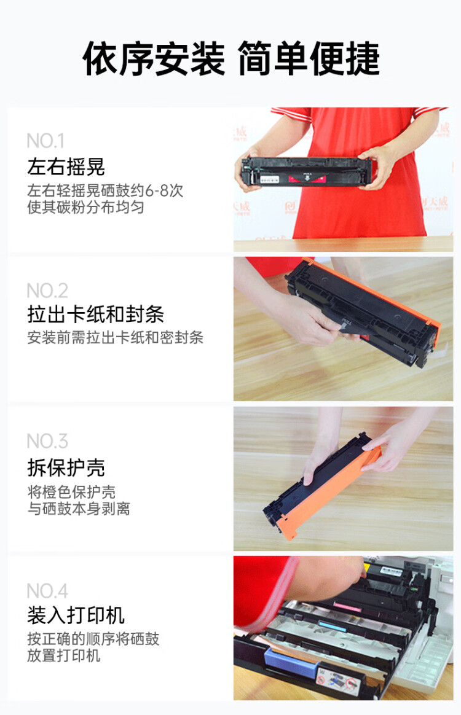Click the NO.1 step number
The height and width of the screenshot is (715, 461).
click(45, 141)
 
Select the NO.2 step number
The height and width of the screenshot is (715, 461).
click(47, 291)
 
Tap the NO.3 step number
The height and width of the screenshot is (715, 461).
click(47, 441)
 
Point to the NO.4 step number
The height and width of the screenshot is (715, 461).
click(47, 591)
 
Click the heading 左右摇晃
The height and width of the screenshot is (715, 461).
click(66, 166)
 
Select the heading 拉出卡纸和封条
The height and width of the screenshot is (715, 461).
click(95, 316)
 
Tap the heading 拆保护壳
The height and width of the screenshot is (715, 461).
click(66, 467)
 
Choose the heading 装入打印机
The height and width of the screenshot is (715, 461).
click(76, 615)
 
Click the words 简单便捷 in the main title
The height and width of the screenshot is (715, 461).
click(309, 60)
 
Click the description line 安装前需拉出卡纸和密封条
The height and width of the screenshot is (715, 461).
click(115, 338)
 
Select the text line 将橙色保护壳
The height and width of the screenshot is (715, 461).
click(71, 492)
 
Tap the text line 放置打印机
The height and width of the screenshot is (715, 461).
click(63, 656)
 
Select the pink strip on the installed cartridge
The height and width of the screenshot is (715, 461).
click(350, 606)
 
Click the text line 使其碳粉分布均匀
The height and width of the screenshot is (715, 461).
click(85, 208)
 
